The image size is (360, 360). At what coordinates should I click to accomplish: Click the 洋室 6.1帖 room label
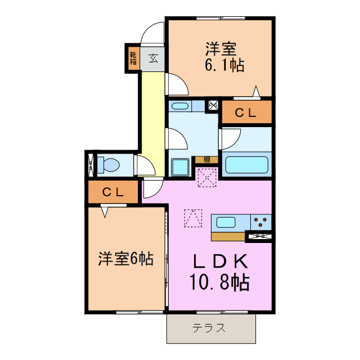(223, 57)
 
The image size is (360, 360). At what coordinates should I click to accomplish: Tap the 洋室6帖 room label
(126, 259)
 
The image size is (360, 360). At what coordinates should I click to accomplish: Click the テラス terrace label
(209, 328)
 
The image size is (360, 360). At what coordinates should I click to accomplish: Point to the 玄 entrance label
(153, 57)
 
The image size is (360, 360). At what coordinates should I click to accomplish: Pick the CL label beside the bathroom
(246, 112)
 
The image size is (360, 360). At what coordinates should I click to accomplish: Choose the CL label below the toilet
(113, 192)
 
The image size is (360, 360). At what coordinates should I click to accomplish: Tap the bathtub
(246, 165)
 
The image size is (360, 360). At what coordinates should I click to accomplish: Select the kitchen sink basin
(226, 222)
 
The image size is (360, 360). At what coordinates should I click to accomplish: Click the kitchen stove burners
(259, 222)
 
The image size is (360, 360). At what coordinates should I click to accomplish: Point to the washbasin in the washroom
(181, 106)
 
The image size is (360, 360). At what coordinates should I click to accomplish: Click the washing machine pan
(181, 167)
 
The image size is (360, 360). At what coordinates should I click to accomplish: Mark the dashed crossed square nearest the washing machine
(207, 178)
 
